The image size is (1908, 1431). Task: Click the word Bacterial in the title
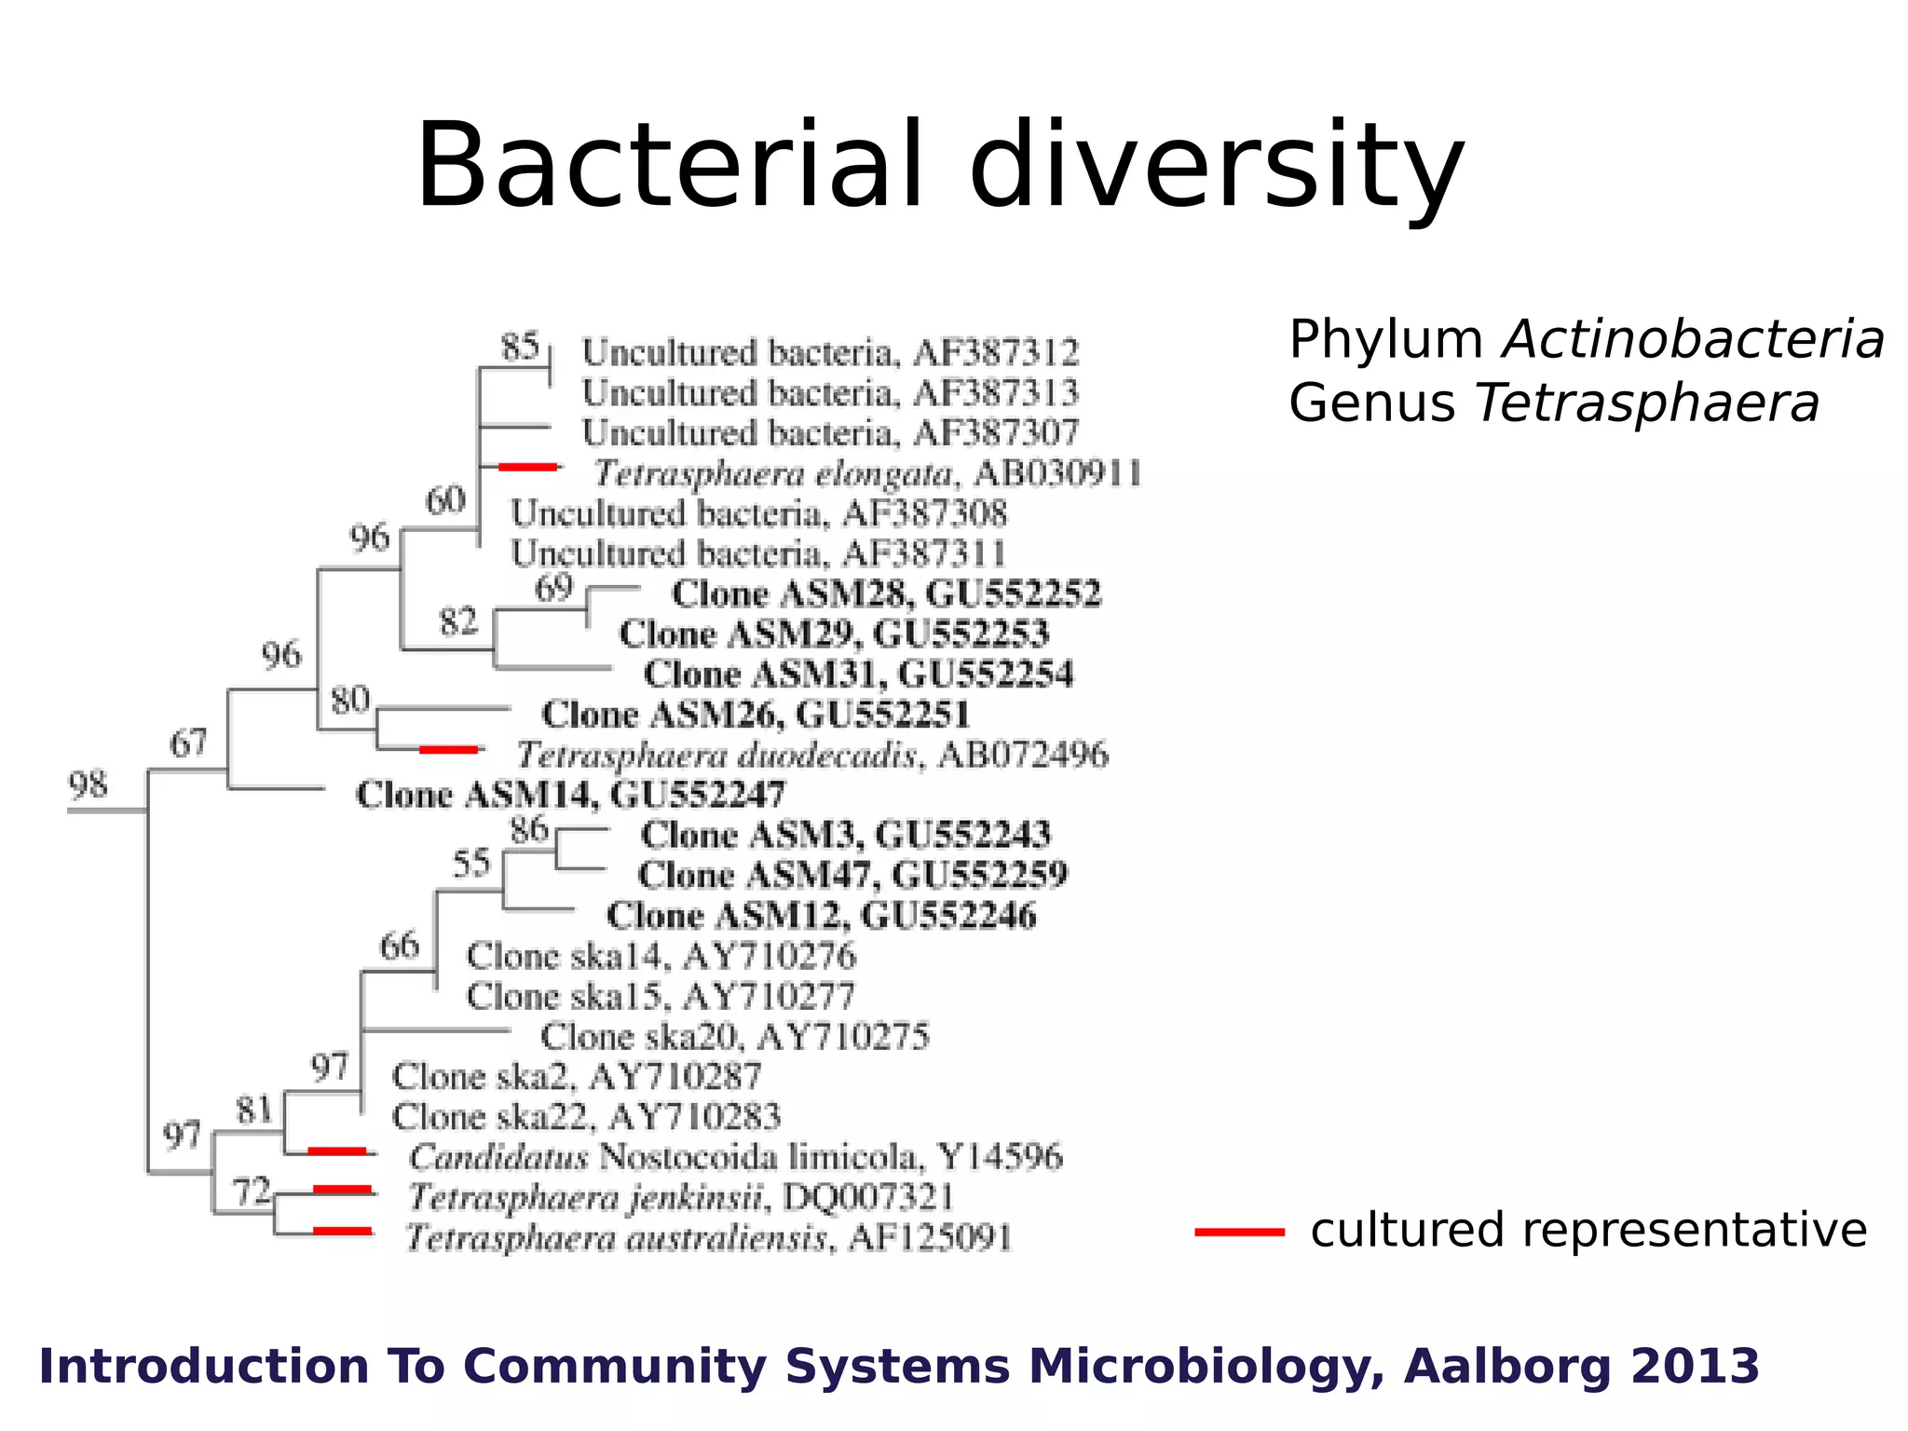(x=669, y=166)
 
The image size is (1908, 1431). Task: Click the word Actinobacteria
(x=1693, y=339)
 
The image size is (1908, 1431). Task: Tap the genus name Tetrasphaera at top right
(x=1646, y=403)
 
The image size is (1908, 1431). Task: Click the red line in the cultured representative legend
(x=1239, y=1232)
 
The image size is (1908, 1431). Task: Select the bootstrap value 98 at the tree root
(x=88, y=784)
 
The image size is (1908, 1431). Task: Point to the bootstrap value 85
(x=520, y=347)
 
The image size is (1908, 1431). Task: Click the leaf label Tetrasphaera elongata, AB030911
(x=866, y=473)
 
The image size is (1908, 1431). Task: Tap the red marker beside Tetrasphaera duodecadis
(x=449, y=749)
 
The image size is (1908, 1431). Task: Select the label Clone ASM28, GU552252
(x=885, y=593)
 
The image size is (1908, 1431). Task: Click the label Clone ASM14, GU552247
(x=570, y=795)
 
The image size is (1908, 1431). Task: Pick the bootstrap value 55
(x=471, y=863)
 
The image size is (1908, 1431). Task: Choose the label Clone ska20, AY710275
(x=734, y=1036)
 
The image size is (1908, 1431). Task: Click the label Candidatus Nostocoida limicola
(x=734, y=1157)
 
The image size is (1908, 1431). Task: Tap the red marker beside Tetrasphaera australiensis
(x=342, y=1231)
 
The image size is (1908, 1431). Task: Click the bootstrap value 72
(x=251, y=1191)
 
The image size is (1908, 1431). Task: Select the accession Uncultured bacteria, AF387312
(x=829, y=352)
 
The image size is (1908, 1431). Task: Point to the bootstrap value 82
(x=457, y=621)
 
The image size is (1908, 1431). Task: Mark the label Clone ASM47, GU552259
(x=852, y=875)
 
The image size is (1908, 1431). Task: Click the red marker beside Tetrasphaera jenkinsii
(x=342, y=1190)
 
